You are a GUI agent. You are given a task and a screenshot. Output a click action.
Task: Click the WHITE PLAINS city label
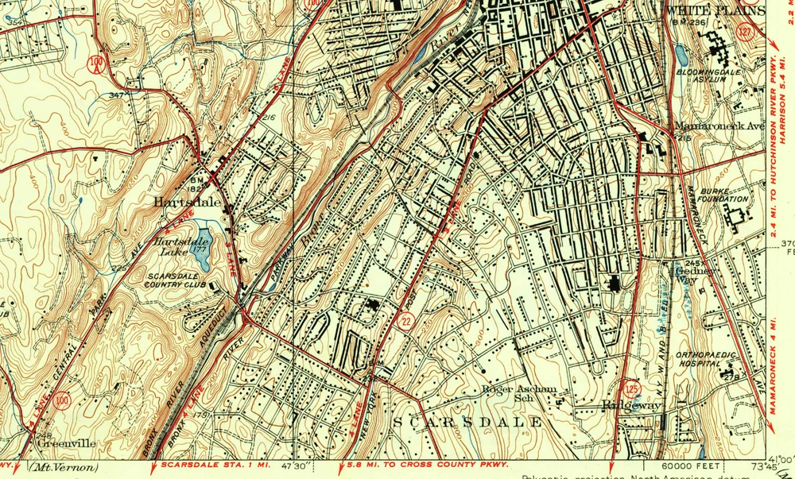(715, 10)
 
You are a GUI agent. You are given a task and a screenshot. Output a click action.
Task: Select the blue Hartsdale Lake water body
(201, 247)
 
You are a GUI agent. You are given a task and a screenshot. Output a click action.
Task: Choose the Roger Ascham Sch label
(522, 393)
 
